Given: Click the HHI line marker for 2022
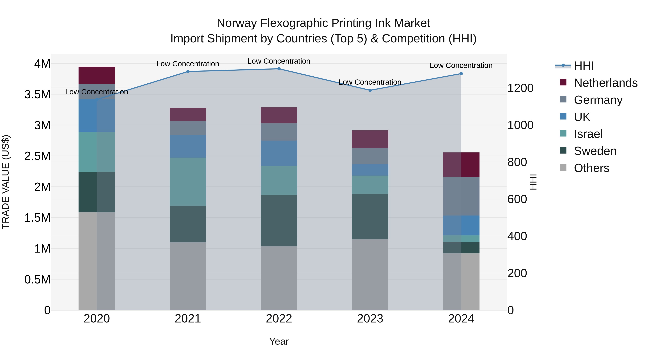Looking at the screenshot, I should [x=279, y=69].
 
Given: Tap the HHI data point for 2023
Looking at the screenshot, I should [x=370, y=90].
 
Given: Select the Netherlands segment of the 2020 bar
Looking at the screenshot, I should [x=97, y=75].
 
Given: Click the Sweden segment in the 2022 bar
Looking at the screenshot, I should [x=279, y=220].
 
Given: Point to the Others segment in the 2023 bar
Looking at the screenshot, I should [x=370, y=274].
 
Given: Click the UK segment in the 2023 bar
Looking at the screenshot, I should [x=370, y=170].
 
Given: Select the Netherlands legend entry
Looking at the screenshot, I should [x=605, y=83].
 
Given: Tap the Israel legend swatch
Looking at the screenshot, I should [x=563, y=133].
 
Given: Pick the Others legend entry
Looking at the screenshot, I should [x=591, y=168].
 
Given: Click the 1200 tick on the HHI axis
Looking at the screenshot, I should [x=520, y=88].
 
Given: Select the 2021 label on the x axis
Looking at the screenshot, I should [x=188, y=319].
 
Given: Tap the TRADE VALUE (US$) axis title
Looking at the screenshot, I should [x=6, y=182].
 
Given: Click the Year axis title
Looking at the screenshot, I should [x=279, y=341].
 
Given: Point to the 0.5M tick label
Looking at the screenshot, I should [x=37, y=280].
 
